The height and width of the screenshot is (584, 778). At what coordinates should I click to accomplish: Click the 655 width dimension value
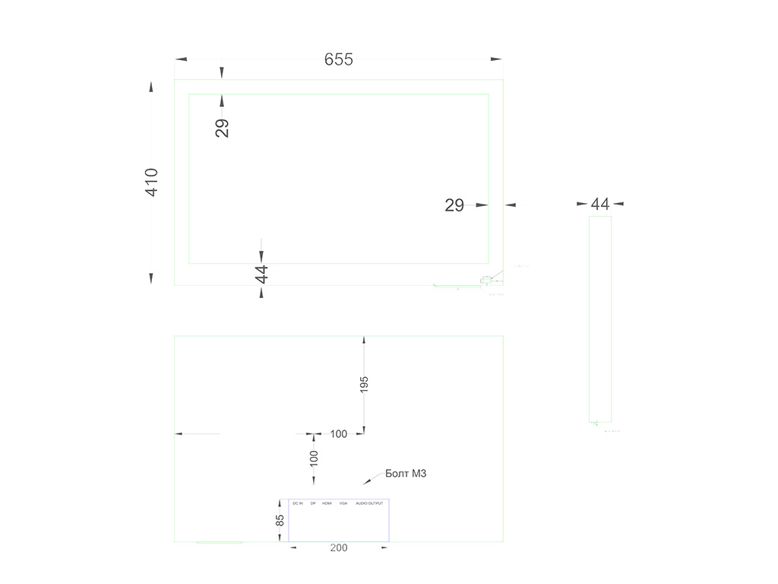click(x=339, y=59)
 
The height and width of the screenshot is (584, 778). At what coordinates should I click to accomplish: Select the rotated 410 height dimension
click(x=152, y=182)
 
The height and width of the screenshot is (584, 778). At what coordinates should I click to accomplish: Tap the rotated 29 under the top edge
click(x=222, y=128)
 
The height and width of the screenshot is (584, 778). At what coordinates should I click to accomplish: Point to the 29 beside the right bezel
click(x=454, y=205)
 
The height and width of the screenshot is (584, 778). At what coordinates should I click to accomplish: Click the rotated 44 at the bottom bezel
click(x=262, y=274)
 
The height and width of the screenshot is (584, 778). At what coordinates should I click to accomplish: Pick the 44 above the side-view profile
click(x=600, y=204)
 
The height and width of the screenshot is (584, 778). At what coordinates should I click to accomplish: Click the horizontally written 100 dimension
click(x=339, y=434)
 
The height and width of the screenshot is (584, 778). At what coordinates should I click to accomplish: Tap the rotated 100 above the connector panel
click(x=314, y=458)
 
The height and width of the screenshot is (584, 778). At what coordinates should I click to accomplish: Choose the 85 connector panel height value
click(x=280, y=521)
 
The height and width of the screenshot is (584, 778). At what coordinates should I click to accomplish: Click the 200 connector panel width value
click(x=339, y=548)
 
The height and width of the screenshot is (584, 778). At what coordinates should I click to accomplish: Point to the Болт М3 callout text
click(x=406, y=474)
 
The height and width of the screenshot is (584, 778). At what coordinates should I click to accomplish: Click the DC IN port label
click(x=297, y=503)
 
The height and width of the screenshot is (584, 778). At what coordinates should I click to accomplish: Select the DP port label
click(x=313, y=503)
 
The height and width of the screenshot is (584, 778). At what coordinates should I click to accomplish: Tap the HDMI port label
click(x=327, y=503)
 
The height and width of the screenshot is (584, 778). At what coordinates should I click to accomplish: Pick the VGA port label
click(x=343, y=503)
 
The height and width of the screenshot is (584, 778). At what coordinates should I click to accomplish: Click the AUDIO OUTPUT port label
click(x=370, y=503)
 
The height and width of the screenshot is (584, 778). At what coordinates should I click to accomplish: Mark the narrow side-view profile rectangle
click(x=600, y=319)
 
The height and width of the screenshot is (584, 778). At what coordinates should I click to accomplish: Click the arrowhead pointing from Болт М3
click(x=368, y=481)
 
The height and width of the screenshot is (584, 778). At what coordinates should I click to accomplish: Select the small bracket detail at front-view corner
click(x=488, y=281)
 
